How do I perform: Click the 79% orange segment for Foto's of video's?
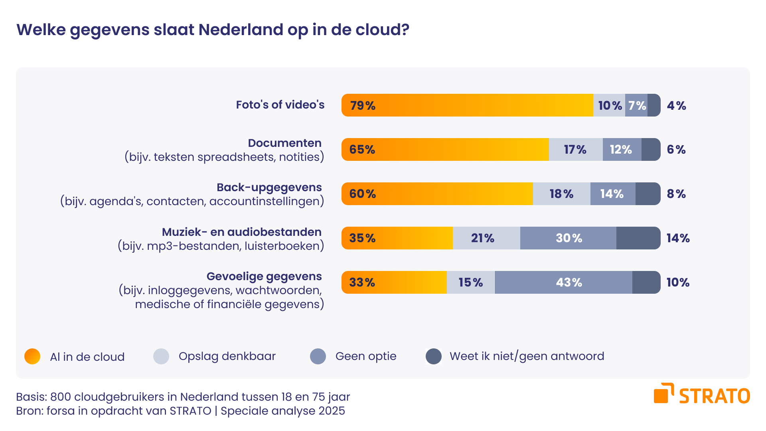click(x=467, y=105)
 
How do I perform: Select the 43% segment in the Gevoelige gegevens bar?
click(x=563, y=283)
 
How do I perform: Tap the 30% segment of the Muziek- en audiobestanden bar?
click(x=568, y=238)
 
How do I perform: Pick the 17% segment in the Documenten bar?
click(x=575, y=150)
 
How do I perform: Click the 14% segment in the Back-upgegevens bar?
click(x=612, y=194)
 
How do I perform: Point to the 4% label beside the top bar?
click(x=676, y=106)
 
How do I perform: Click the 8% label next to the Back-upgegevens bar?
click(x=676, y=194)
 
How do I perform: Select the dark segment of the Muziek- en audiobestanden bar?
click(x=638, y=238)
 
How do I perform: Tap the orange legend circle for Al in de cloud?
click(x=32, y=356)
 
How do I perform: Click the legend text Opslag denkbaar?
click(x=227, y=356)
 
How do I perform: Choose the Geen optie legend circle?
click(x=318, y=356)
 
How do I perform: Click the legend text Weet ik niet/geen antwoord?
click(x=527, y=356)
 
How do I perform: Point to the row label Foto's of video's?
click(x=280, y=105)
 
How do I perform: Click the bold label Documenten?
click(x=284, y=143)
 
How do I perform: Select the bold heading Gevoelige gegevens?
click(x=264, y=276)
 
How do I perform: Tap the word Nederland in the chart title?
click(x=241, y=30)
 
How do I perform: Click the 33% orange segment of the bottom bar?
click(x=394, y=283)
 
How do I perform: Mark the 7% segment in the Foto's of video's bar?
click(x=636, y=105)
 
